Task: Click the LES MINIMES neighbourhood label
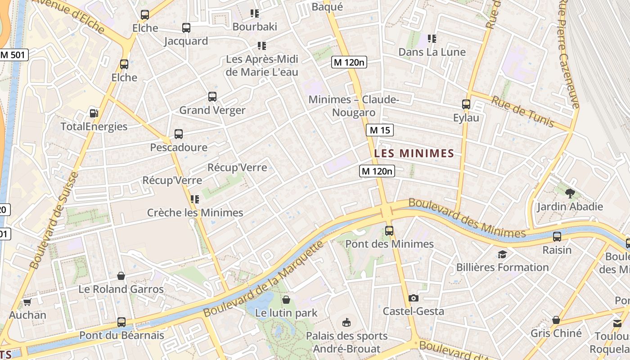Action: (x=414, y=153)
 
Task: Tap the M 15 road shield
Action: (x=380, y=130)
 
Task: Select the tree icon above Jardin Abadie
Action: (x=570, y=194)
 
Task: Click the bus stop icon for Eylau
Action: (x=466, y=104)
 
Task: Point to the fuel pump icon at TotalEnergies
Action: (x=94, y=113)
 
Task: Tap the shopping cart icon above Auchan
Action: (x=27, y=302)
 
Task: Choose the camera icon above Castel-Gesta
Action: (x=414, y=298)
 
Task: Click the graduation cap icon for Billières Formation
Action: (x=502, y=255)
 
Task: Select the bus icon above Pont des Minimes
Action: (x=389, y=231)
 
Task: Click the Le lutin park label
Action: (x=286, y=313)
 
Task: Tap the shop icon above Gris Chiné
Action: (x=556, y=320)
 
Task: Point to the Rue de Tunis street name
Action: (x=522, y=111)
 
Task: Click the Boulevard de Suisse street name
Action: (x=54, y=220)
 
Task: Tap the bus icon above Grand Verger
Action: (x=212, y=97)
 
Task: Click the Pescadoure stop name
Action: (x=179, y=148)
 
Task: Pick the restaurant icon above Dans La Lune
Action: (x=432, y=39)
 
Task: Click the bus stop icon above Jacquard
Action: (x=186, y=28)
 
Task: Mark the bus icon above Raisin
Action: (x=557, y=237)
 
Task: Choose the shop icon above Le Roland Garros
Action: (x=121, y=275)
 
